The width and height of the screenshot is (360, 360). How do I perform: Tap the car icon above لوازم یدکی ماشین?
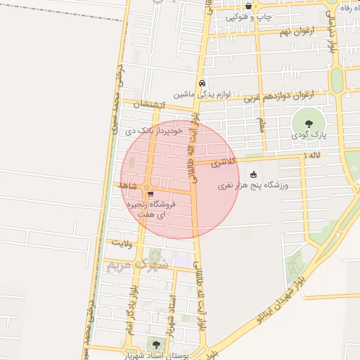point(202,82)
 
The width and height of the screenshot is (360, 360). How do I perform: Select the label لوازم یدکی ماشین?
point(202,94)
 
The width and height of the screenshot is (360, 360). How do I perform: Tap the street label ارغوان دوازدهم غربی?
point(279,96)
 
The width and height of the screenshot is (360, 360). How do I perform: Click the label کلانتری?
point(224,162)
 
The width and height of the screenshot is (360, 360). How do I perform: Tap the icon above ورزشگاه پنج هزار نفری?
point(253,175)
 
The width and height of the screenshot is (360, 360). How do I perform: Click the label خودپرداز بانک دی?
point(154,130)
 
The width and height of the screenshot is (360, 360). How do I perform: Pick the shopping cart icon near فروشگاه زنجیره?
point(151,195)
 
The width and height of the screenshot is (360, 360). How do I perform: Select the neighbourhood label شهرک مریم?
point(137,264)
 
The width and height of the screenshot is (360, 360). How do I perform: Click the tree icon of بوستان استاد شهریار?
point(155,345)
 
